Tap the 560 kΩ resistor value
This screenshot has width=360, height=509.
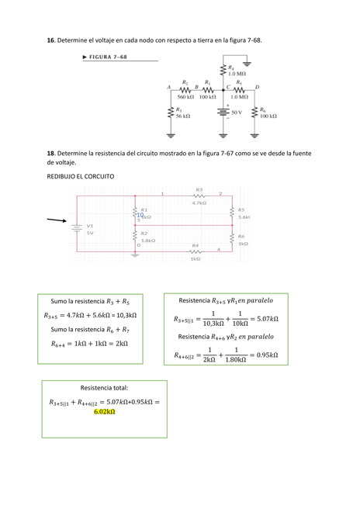[x=185, y=97]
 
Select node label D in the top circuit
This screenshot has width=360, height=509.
[x=257, y=87]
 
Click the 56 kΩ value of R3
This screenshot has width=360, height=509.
[x=183, y=116]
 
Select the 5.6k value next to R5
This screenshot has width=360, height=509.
[x=244, y=217]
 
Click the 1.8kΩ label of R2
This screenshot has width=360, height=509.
[x=147, y=241]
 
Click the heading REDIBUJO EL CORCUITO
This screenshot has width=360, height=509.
[x=81, y=177]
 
